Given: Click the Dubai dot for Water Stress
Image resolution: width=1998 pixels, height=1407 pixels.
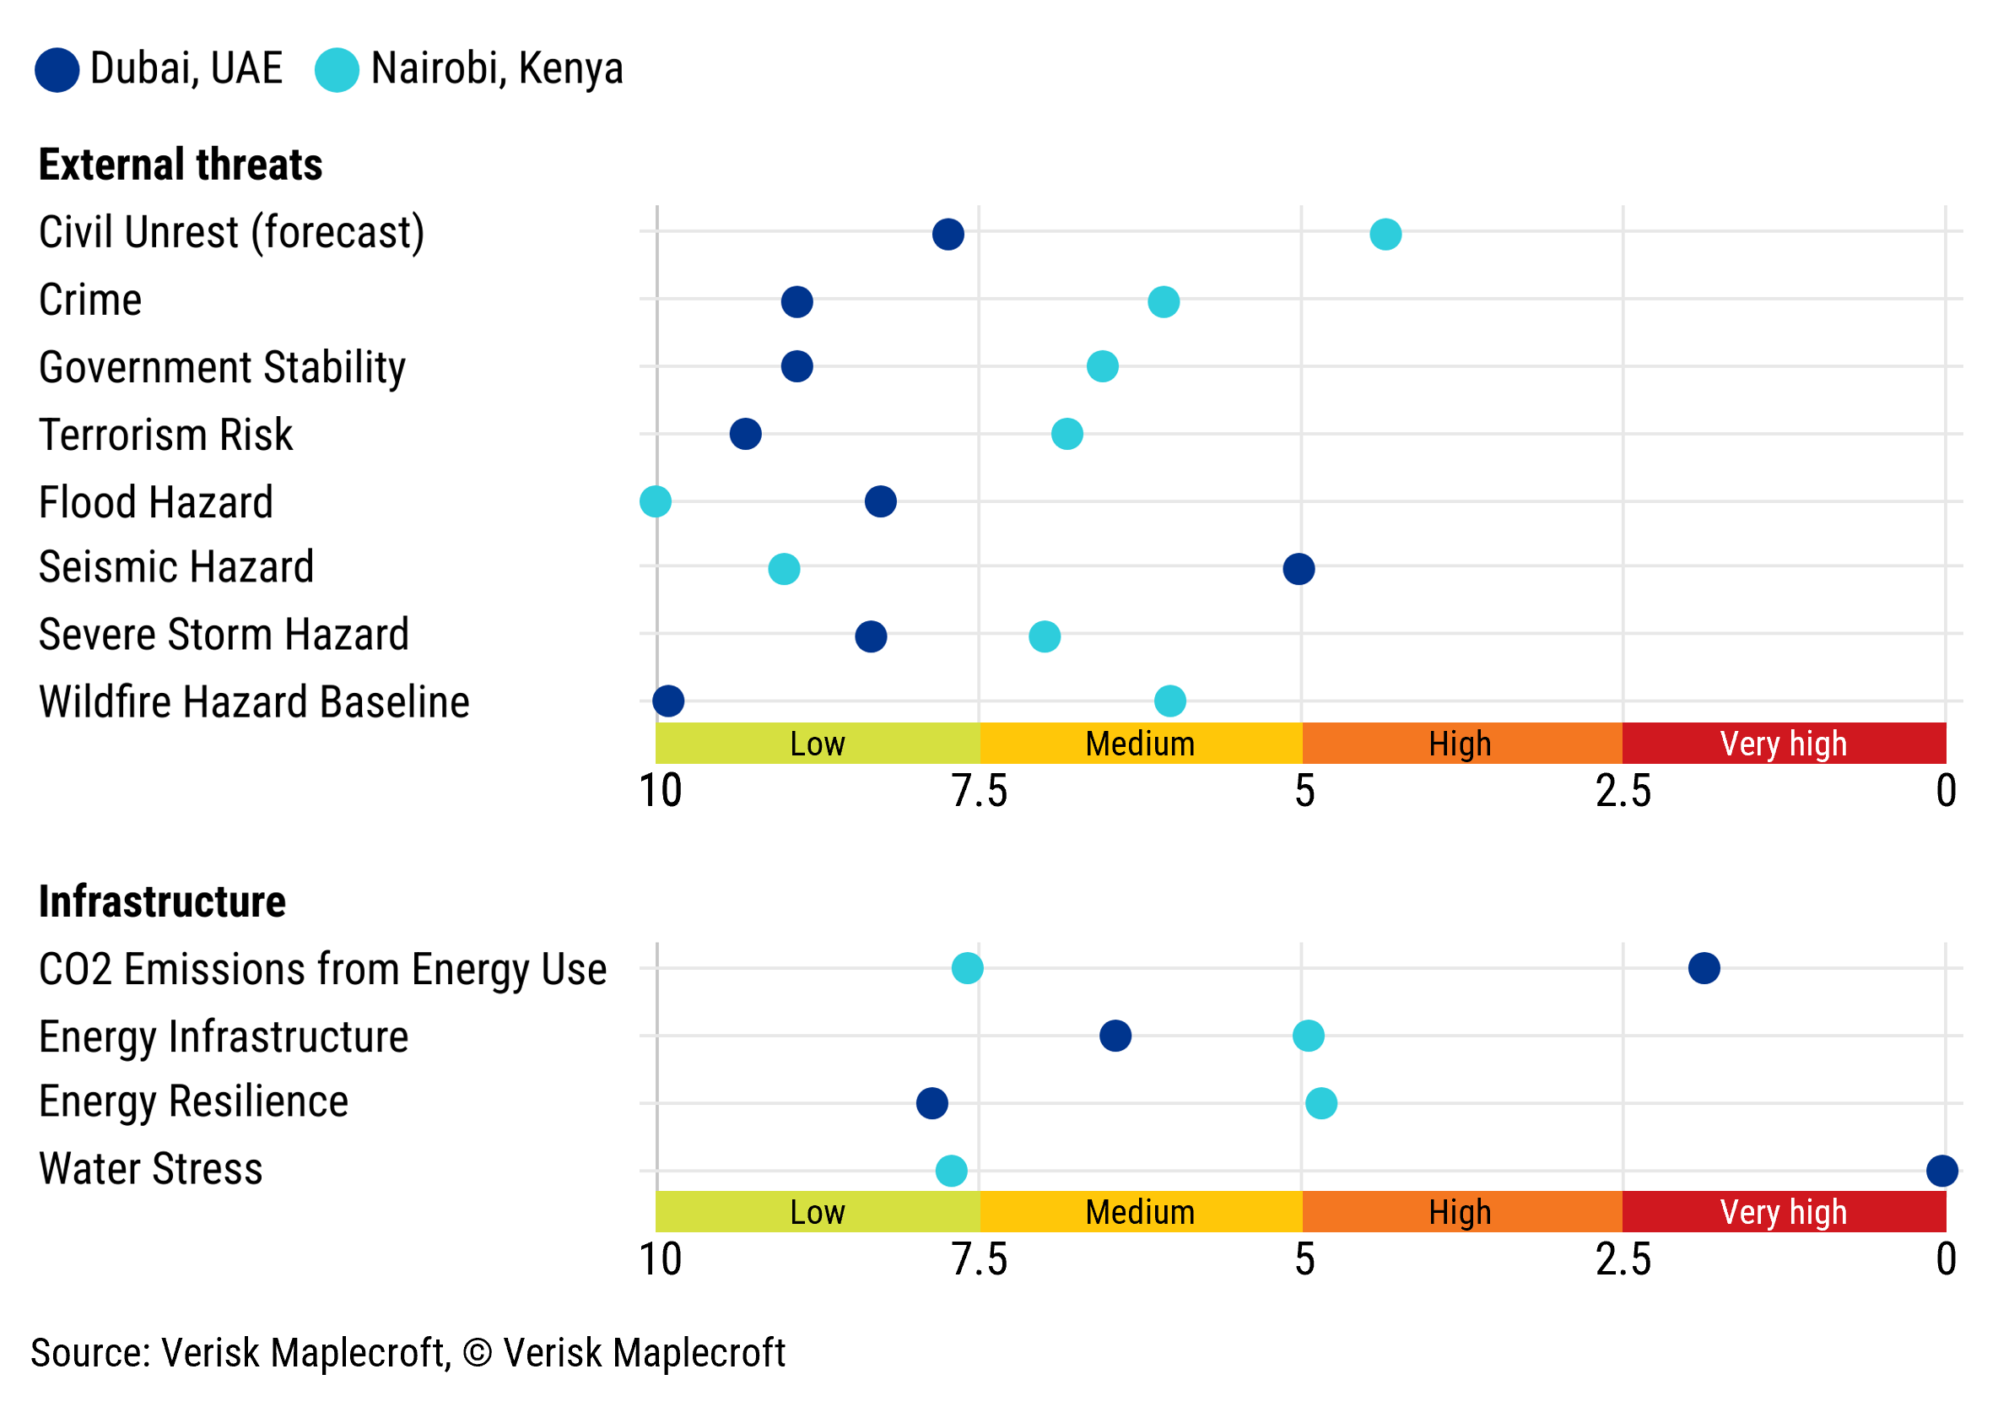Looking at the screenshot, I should pyautogui.click(x=1941, y=1171).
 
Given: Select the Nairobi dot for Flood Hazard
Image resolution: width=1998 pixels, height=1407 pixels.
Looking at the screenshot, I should pyautogui.click(x=656, y=501).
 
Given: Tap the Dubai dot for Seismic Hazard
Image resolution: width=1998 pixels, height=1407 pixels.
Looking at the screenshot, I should pyautogui.click(x=1299, y=569).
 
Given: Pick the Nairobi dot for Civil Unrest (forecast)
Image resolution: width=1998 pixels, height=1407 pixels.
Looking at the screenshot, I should pyautogui.click(x=1385, y=234).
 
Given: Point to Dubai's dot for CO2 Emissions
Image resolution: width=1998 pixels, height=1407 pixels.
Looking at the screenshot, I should pyautogui.click(x=1704, y=968).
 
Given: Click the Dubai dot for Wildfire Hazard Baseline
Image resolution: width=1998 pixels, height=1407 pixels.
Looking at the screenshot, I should pyautogui.click(x=667, y=701).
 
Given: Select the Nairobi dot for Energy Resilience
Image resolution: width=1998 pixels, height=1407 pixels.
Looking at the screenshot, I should pyautogui.click(x=1321, y=1103).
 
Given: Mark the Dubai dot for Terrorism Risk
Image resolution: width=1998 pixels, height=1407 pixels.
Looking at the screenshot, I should pyautogui.click(x=745, y=434).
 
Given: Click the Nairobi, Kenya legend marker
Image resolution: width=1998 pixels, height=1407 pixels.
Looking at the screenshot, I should pyautogui.click(x=337, y=70).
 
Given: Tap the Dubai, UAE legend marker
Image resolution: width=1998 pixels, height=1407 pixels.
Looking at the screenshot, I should pyautogui.click(x=57, y=70).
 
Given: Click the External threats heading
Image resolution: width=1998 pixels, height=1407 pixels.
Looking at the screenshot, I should pyautogui.click(x=180, y=165).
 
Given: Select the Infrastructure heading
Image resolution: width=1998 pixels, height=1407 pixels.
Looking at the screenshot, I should pyautogui.click(x=162, y=902).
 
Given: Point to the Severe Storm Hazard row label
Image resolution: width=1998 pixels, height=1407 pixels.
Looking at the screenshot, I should pyautogui.click(x=224, y=634).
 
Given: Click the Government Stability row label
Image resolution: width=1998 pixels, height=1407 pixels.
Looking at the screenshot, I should pyautogui.click(x=222, y=367).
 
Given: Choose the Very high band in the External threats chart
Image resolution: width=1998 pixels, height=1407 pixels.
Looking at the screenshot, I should pyautogui.click(x=1783, y=744).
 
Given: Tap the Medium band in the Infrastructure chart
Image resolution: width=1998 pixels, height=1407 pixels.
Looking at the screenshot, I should pyautogui.click(x=1140, y=1212).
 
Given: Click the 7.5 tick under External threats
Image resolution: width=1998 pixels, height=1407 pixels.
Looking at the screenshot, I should pyautogui.click(x=979, y=792).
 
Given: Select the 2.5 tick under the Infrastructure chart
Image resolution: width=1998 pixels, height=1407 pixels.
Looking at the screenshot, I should pyautogui.click(x=1622, y=1260).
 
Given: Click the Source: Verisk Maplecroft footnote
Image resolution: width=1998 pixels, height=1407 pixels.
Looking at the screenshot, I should pyautogui.click(x=408, y=1353).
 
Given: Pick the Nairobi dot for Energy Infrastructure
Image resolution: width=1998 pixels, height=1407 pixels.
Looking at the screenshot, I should pyautogui.click(x=1308, y=1036).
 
